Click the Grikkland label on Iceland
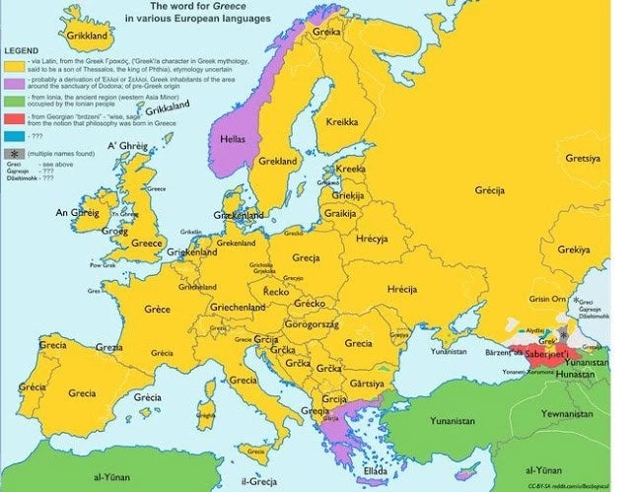coord(87,35)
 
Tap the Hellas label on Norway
coord(233,139)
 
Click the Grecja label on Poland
coord(306,258)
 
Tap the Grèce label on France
coord(157,309)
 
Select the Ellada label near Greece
coord(376,471)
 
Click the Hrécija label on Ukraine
coord(403,289)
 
